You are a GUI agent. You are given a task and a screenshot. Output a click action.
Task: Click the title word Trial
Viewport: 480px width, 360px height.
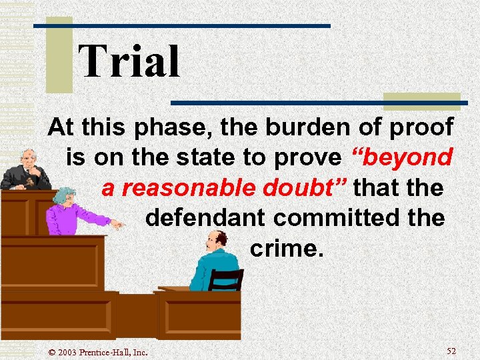point(129,62)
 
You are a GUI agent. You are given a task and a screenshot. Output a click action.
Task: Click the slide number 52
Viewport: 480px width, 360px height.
point(451,351)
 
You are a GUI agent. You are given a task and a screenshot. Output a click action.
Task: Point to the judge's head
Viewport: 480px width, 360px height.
point(27,160)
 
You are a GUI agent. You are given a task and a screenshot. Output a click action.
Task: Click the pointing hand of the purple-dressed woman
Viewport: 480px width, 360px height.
point(117,224)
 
